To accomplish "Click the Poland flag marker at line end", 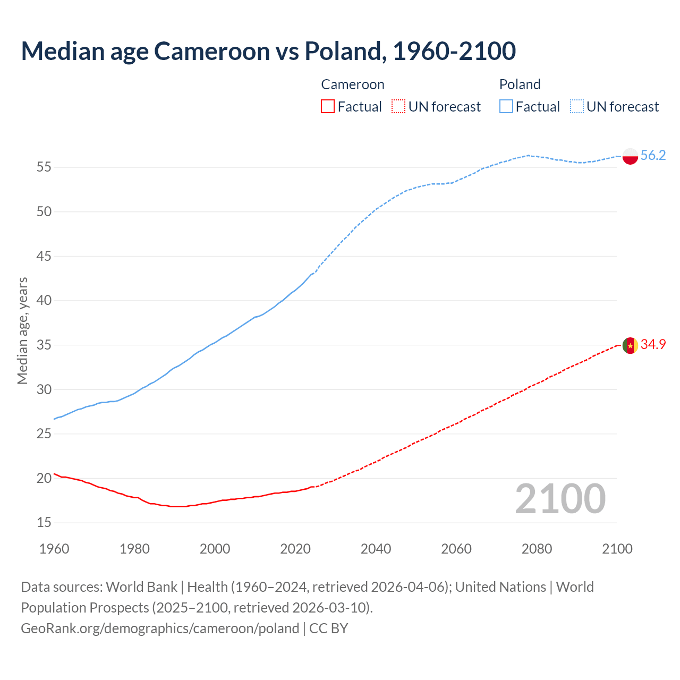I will (630, 156).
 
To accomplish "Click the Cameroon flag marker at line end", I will (630, 345).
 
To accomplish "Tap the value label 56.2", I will (653, 155).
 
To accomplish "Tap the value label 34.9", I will (653, 344).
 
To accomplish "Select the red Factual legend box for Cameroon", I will (328, 107).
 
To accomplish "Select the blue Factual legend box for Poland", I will (506, 107).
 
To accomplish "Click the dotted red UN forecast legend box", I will (398, 107).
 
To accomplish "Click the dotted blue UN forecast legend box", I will (576, 107).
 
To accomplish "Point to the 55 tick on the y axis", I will (44, 167).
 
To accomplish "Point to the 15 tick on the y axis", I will (44, 523).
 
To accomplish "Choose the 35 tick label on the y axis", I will (44, 345).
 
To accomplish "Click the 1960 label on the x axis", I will (54, 549).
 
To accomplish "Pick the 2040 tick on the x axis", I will (376, 549).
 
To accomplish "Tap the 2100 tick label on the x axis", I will (617, 549).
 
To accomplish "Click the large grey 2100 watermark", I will (560, 499).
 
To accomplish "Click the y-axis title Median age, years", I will (22, 330).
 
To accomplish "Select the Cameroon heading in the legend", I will (353, 84).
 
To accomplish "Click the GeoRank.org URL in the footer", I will (160, 628).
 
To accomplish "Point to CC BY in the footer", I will (328, 628).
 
